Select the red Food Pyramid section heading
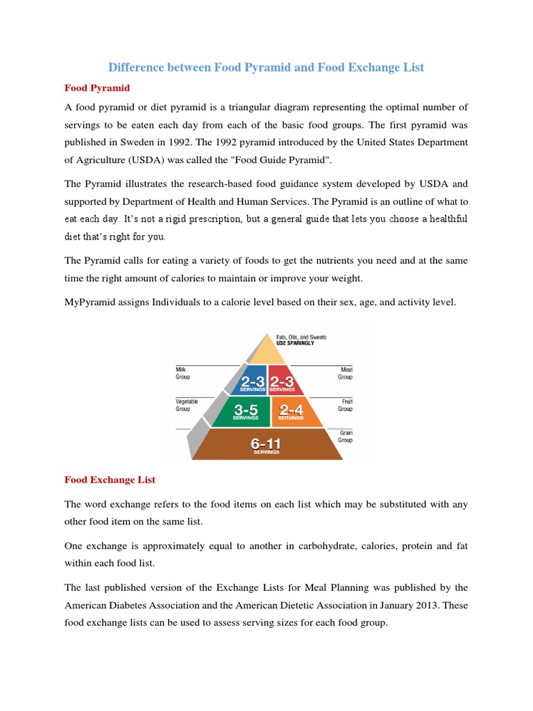(97, 88)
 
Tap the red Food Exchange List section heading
(110, 480)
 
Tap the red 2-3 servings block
(282, 380)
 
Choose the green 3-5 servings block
(246, 411)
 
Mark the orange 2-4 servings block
(291, 411)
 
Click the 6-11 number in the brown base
(266, 442)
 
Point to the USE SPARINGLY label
(296, 343)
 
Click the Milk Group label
(183, 374)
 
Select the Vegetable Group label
(187, 405)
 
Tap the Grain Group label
(345, 436)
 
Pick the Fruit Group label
(345, 405)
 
